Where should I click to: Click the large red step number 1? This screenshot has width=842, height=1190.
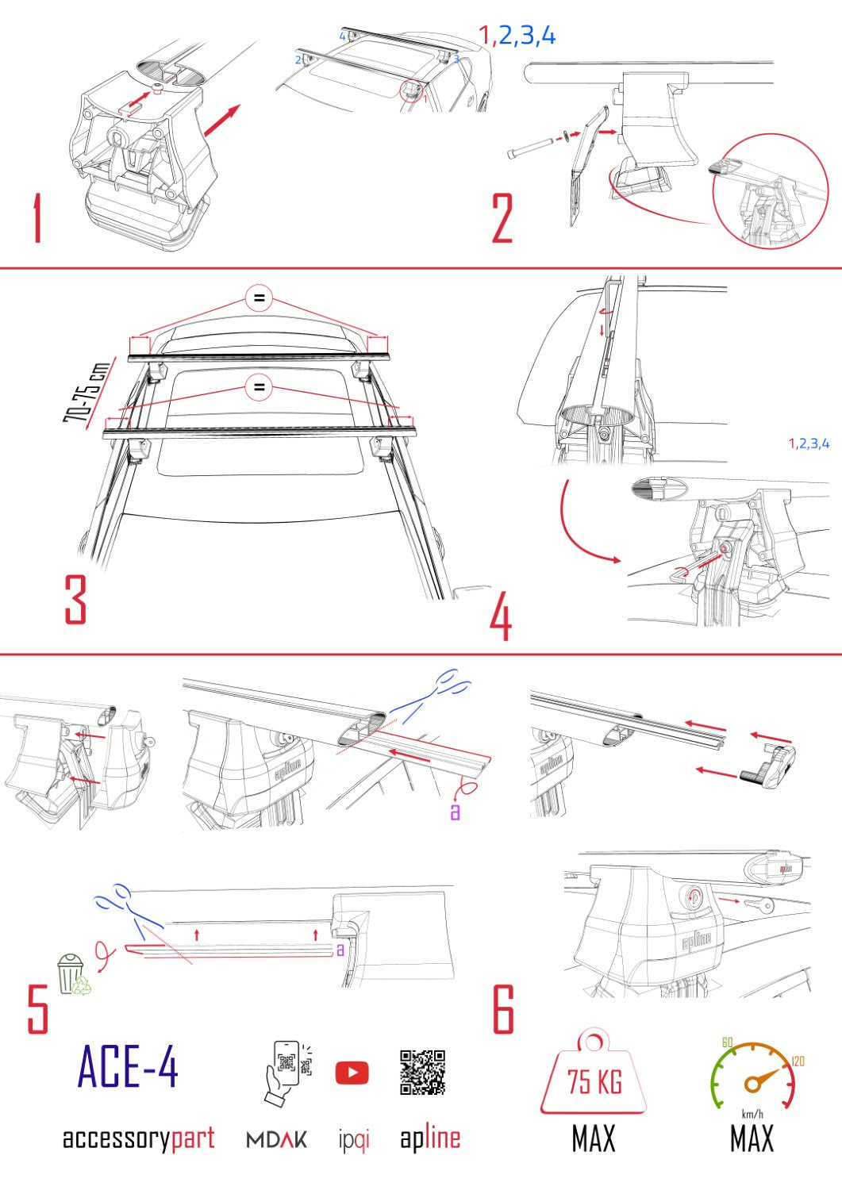click(37, 219)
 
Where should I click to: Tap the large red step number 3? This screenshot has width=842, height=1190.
click(75, 599)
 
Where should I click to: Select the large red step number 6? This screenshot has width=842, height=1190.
click(503, 1008)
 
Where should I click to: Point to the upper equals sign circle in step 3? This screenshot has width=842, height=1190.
click(259, 299)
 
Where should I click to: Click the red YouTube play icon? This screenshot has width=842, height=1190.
click(352, 1073)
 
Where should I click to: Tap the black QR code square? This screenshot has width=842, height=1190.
click(422, 1073)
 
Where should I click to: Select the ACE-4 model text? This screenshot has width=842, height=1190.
click(128, 1067)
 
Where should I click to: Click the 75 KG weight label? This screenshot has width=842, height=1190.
click(594, 1081)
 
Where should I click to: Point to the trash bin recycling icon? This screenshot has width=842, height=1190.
click(71, 974)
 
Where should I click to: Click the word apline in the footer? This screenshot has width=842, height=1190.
click(429, 1138)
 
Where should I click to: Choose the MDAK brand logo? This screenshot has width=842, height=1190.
click(277, 1140)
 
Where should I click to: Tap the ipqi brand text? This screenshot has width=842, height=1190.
click(354, 1140)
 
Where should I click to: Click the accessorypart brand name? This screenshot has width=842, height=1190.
click(139, 1138)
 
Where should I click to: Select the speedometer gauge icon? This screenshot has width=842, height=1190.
click(752, 1075)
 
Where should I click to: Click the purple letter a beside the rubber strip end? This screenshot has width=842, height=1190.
click(455, 812)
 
